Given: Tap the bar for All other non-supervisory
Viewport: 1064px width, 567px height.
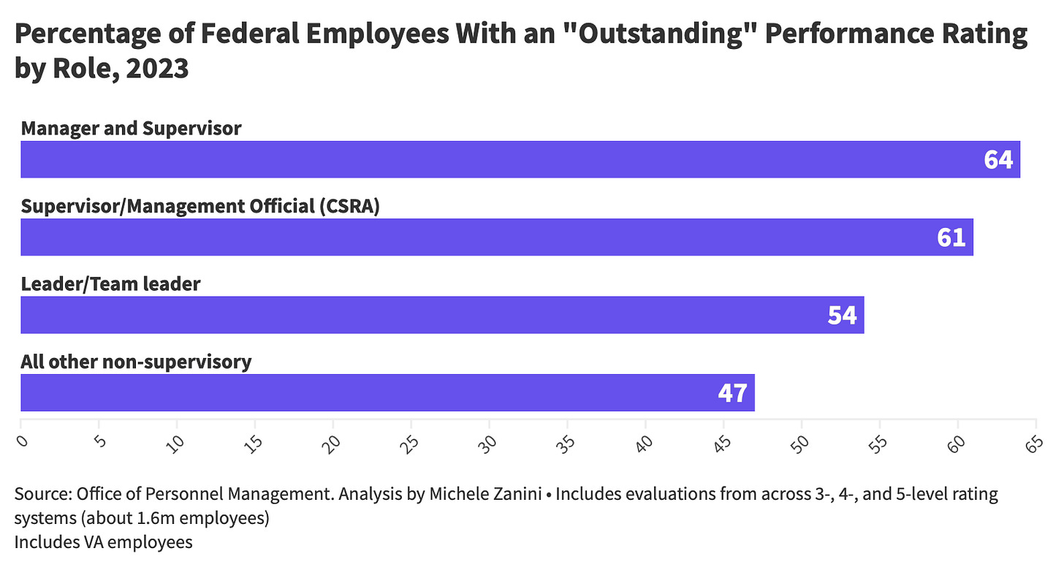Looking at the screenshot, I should pyautogui.click(x=387, y=392).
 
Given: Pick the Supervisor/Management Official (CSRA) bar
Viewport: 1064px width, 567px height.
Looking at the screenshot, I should pyautogui.click(x=497, y=237).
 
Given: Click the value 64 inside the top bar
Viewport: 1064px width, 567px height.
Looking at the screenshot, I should pyautogui.click(x=998, y=159).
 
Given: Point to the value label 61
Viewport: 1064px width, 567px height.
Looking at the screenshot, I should pyautogui.click(x=951, y=237).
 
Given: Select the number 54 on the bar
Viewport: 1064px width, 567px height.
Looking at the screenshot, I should pyautogui.click(x=843, y=315).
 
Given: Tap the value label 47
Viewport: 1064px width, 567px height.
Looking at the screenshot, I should pyautogui.click(x=733, y=392).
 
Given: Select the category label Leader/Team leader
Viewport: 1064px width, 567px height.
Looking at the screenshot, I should pyautogui.click(x=110, y=283).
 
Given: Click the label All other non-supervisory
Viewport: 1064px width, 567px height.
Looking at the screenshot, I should pyautogui.click(x=136, y=361).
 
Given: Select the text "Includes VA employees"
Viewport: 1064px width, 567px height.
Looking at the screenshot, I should pyautogui.click(x=103, y=541).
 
